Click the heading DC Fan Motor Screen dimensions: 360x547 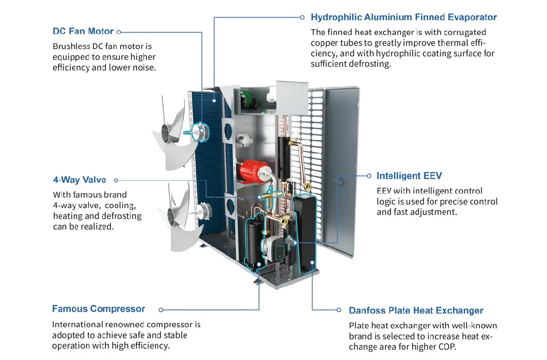point(84,31)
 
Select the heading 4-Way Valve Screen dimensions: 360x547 point(79,180)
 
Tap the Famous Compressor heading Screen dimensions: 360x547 point(98,309)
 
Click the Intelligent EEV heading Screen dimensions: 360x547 point(409,176)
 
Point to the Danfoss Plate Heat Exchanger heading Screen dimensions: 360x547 point(416,310)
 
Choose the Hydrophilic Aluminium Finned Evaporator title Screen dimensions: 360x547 point(404,17)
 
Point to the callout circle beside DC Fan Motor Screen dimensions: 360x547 point(119,32)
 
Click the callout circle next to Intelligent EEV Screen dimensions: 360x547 point(369,176)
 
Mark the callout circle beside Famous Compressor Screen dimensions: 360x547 point(161,310)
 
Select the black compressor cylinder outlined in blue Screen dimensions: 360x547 point(252,243)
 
